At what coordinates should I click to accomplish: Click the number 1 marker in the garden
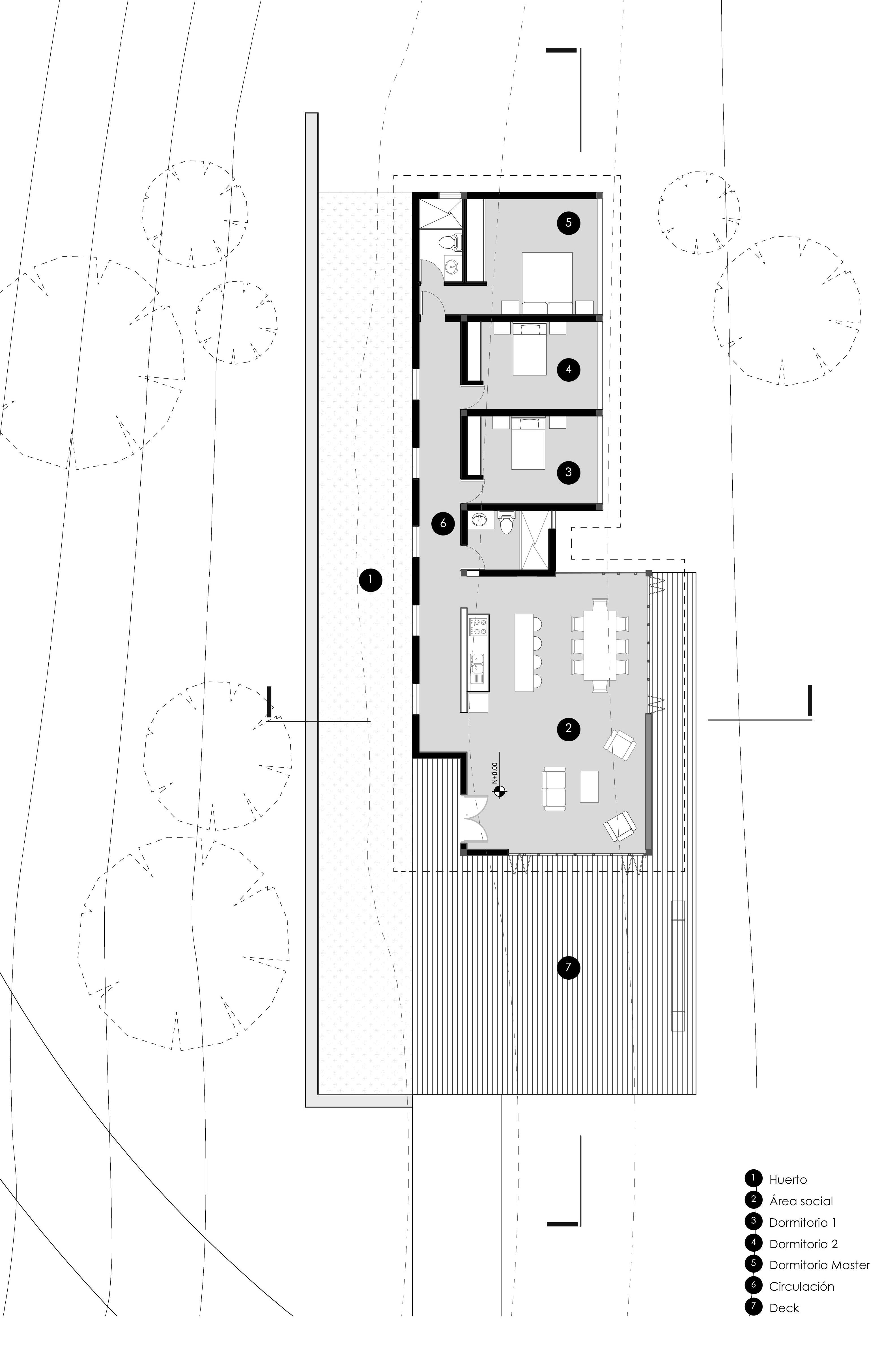[x=371, y=580]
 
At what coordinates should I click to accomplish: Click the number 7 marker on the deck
[x=568, y=967]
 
